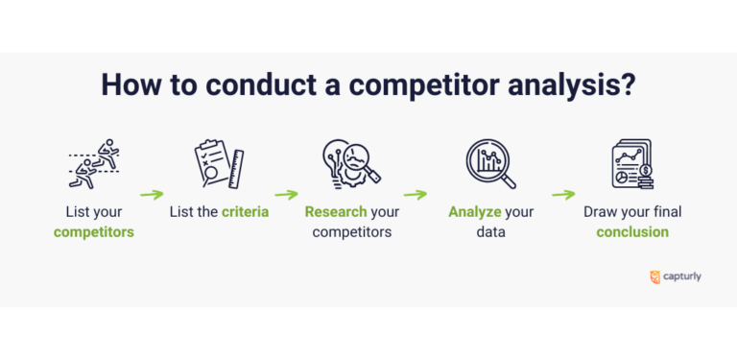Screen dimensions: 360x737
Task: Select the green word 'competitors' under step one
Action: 94,231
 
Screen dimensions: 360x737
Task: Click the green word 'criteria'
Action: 246,211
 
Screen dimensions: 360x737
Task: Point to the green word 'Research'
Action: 336,211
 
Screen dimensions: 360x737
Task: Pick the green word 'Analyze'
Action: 475,211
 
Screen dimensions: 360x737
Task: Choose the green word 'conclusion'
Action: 632,231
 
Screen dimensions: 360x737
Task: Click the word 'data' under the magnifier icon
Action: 490,231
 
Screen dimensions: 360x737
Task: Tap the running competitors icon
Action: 94,164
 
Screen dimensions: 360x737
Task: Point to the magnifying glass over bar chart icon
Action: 490,164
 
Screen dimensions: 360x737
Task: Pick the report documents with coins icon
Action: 631,164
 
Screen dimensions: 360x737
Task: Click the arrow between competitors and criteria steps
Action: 152,194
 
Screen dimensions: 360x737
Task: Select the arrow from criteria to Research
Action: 286,194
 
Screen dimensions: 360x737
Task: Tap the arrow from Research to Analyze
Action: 415,194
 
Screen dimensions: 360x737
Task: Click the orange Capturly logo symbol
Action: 654,276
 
